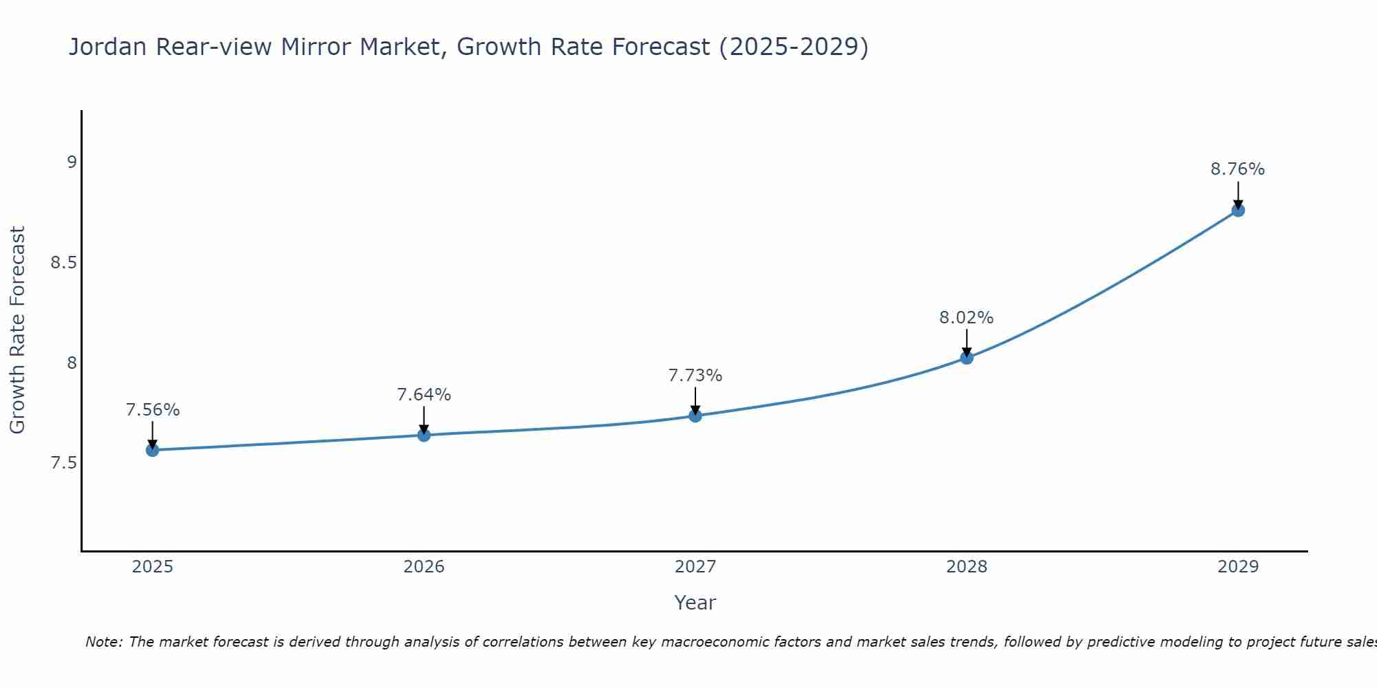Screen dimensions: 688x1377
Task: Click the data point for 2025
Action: pyautogui.click(x=152, y=450)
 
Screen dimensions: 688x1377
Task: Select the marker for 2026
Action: pyautogui.click(x=423, y=435)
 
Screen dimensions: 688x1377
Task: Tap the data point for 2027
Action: pyautogui.click(x=695, y=416)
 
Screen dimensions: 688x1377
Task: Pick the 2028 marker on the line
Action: pyautogui.click(x=966, y=358)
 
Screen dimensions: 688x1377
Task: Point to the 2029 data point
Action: pyautogui.click(x=1237, y=210)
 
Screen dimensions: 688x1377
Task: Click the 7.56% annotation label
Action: pyautogui.click(x=152, y=410)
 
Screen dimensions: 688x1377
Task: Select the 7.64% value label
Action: pyautogui.click(x=423, y=395)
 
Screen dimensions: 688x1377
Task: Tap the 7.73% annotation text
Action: pyautogui.click(x=695, y=376)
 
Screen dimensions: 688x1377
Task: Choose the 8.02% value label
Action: pyautogui.click(x=966, y=318)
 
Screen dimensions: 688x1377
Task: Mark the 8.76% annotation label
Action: pyautogui.click(x=1237, y=169)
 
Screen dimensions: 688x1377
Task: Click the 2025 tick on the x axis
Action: pyautogui.click(x=152, y=567)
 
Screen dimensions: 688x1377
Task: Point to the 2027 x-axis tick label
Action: pyautogui.click(x=695, y=567)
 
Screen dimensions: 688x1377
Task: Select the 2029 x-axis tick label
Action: pyautogui.click(x=1237, y=567)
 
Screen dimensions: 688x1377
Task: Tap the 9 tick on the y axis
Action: pyautogui.click(x=72, y=162)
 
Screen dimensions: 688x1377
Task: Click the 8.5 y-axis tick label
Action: pyautogui.click(x=63, y=263)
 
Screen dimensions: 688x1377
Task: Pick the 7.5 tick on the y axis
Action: pyautogui.click(x=63, y=463)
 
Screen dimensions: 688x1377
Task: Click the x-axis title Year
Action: pyautogui.click(x=695, y=603)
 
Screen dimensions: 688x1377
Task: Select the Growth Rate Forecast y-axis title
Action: pyautogui.click(x=17, y=330)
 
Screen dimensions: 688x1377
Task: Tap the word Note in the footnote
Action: pyautogui.click(x=103, y=642)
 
